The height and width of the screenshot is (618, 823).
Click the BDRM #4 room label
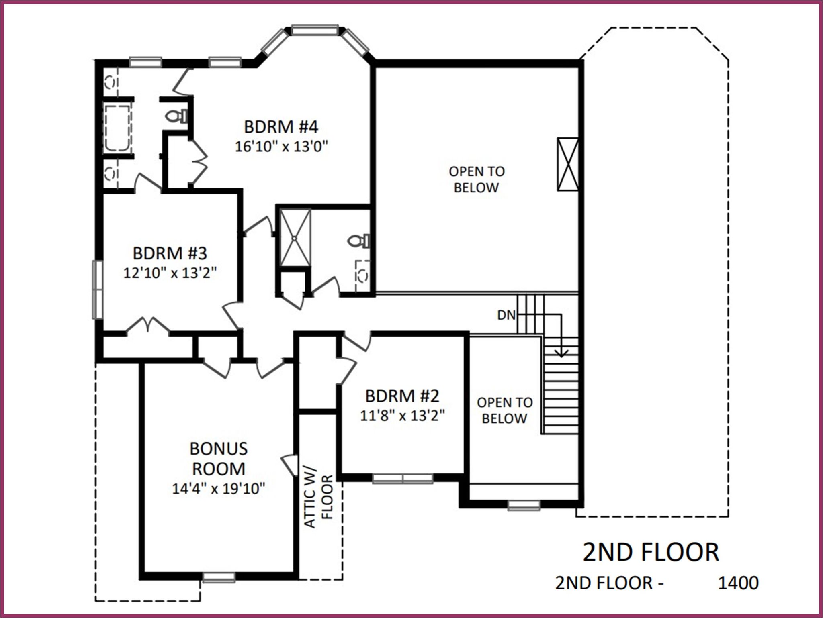(281, 127)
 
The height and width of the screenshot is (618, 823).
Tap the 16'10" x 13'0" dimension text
(281, 147)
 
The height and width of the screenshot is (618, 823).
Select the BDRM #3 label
(170, 253)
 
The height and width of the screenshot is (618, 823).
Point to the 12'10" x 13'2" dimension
(170, 273)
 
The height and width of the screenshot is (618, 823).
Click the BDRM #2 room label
(402, 396)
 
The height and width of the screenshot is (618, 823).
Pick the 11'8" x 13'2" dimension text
(402, 416)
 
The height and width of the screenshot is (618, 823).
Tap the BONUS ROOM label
(218, 459)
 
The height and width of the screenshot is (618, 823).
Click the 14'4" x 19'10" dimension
(219, 488)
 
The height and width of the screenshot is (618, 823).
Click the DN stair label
(506, 315)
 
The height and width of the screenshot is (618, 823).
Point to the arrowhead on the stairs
(562, 353)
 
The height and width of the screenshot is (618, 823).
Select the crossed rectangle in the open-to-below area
(567, 164)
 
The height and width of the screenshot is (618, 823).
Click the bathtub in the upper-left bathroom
(117, 128)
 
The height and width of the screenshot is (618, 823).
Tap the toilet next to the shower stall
(359, 241)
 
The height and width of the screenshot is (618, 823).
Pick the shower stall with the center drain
(295, 237)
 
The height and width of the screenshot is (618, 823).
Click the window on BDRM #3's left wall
(97, 289)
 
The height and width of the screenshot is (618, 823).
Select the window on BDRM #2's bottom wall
(403, 478)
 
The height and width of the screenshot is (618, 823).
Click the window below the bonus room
(218, 577)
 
